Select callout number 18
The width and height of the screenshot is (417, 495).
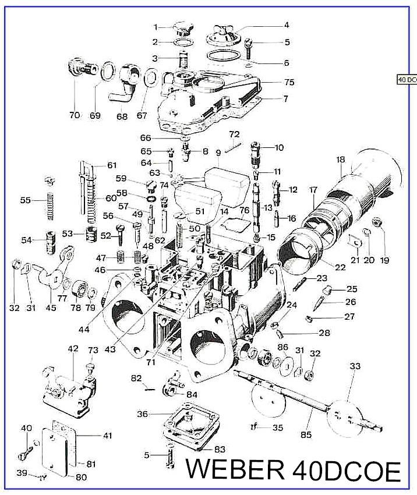click(x=341, y=159)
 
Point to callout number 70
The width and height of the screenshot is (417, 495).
click(x=74, y=115)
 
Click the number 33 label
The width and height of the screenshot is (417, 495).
click(x=355, y=366)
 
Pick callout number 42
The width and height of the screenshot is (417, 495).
click(x=73, y=349)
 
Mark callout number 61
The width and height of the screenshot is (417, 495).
click(x=111, y=165)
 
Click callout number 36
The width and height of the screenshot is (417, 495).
click(x=142, y=414)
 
